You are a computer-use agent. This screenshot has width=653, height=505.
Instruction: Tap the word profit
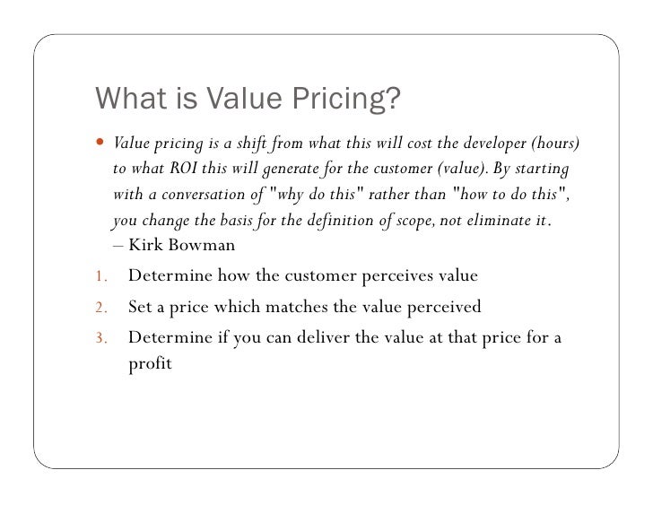150,365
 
